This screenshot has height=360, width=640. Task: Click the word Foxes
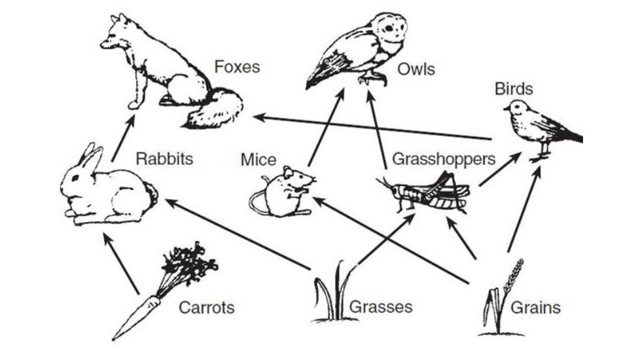point(236,67)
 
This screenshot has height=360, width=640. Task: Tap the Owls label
point(415,68)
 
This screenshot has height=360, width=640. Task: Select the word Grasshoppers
point(443,159)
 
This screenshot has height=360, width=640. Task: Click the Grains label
point(535,306)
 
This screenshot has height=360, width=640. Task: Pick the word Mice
point(258,160)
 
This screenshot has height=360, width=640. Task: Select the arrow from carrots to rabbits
point(122,262)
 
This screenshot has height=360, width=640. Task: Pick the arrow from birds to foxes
point(373,128)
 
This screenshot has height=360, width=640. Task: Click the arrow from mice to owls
point(325,128)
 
